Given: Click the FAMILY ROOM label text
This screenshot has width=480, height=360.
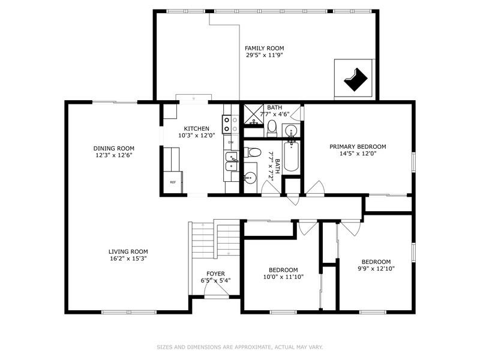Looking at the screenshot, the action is pyautogui.click(x=264, y=48).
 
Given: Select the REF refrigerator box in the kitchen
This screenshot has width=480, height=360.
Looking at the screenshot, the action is pyautogui.click(x=173, y=182).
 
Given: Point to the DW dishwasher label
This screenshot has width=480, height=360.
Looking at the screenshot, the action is pyautogui.click(x=230, y=142).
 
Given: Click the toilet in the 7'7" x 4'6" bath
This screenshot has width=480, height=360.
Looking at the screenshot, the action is pyautogui.click(x=272, y=127).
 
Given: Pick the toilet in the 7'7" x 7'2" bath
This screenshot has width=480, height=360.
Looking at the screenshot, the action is pyautogui.click(x=250, y=178).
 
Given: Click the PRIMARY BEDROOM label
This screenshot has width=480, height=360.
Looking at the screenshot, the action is pyautogui.click(x=358, y=146).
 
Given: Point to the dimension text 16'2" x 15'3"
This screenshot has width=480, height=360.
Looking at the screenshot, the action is pyautogui.click(x=128, y=259).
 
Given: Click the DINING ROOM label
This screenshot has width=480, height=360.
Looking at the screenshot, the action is pyautogui.click(x=113, y=148).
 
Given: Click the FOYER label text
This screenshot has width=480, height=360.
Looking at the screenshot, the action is pyautogui.click(x=215, y=273).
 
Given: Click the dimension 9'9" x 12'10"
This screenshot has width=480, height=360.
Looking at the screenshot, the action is pyautogui.click(x=376, y=269).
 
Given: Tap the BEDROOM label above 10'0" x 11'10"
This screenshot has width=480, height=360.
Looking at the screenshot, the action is pyautogui.click(x=283, y=270).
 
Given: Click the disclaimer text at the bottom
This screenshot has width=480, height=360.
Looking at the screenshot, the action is pyautogui.click(x=240, y=347).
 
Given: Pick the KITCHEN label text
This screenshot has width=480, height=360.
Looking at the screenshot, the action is pyautogui.click(x=196, y=128).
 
